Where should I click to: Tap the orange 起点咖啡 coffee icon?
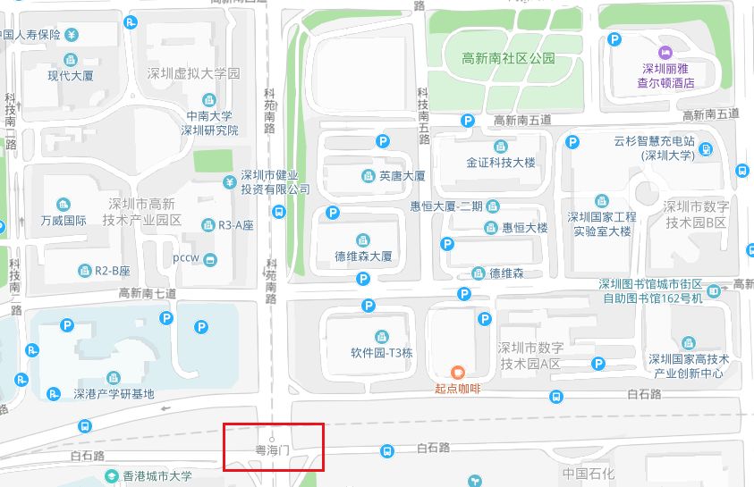(x=458, y=372)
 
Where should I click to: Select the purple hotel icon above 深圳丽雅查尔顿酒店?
(x=665, y=53)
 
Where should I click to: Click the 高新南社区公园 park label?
(x=508, y=59)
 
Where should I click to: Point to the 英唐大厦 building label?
(x=402, y=176)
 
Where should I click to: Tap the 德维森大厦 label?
(x=363, y=256)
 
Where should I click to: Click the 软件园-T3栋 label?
(x=382, y=352)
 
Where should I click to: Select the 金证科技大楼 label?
(x=500, y=164)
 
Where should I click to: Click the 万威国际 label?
(x=64, y=220)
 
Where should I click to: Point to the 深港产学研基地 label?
(x=114, y=394)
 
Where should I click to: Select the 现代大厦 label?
(x=72, y=76)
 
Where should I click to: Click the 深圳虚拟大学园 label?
(x=193, y=74)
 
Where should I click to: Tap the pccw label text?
(x=187, y=259)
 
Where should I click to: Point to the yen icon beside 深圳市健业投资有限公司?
(x=228, y=182)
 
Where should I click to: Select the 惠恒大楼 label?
(x=524, y=228)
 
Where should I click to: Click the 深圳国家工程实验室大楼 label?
(x=602, y=223)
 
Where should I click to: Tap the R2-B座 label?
(x=113, y=270)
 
